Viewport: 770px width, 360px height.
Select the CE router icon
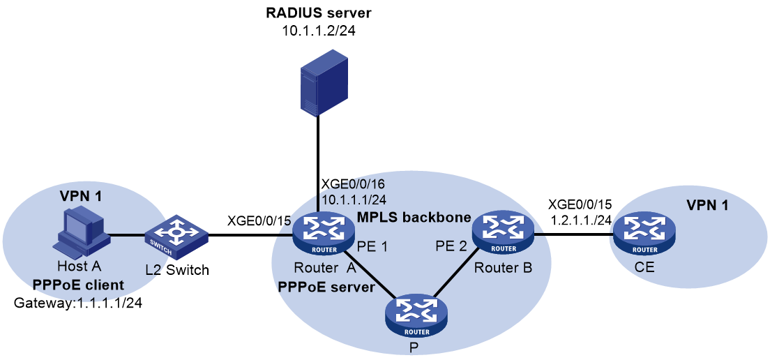tap(644, 237)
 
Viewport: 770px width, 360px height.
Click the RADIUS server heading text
tap(319, 13)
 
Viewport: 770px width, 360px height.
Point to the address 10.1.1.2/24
tap(319, 31)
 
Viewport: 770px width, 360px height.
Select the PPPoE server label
tap(326, 286)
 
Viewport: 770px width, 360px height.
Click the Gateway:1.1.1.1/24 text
tap(79, 303)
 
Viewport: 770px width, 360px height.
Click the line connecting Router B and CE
tap(573, 234)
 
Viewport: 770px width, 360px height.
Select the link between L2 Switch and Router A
tap(250, 237)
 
